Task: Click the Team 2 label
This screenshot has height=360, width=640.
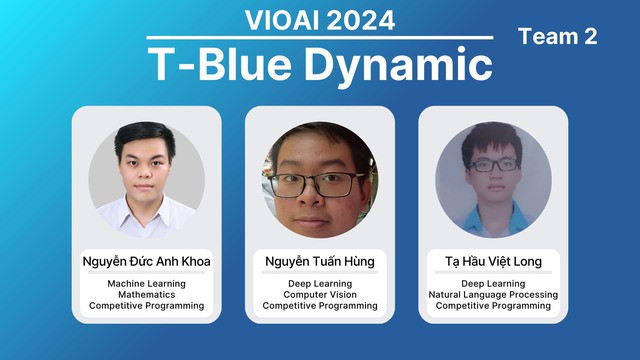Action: tap(558, 37)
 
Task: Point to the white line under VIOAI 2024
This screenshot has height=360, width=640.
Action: tap(320, 38)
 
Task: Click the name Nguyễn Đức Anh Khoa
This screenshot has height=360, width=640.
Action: tap(146, 261)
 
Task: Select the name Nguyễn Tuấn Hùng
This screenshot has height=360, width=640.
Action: tap(320, 261)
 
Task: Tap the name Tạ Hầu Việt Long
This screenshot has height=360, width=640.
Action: tap(493, 261)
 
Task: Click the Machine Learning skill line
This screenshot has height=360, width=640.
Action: tap(146, 284)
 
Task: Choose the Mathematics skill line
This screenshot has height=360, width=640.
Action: tap(146, 295)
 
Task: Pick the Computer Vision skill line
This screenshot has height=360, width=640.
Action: tap(320, 295)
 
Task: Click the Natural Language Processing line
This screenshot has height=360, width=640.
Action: tap(493, 295)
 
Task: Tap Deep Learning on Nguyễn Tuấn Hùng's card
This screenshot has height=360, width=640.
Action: tap(320, 284)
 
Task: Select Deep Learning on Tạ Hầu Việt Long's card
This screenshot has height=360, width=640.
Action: tap(493, 284)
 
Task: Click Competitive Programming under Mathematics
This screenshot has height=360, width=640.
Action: tap(146, 306)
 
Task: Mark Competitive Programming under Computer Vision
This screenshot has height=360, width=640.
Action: tap(320, 306)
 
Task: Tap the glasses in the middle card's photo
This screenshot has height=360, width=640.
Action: tap(320, 183)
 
